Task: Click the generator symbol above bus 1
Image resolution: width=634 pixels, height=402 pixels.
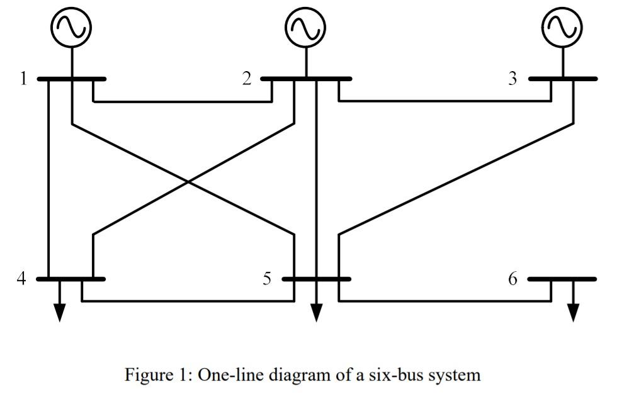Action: (72, 27)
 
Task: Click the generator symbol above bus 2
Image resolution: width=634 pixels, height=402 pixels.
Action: (306, 27)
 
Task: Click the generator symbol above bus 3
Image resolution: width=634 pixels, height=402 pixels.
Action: (563, 27)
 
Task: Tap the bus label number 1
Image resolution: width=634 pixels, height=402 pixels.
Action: (23, 79)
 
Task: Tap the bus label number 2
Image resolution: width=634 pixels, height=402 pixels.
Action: (247, 79)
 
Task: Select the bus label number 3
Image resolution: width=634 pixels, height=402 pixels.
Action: (513, 79)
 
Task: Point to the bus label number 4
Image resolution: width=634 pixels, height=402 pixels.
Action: (22, 278)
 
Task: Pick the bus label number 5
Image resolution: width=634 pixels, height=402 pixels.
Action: (268, 278)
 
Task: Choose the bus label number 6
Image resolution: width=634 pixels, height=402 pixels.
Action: (513, 278)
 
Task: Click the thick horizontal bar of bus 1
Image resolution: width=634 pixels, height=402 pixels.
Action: (71, 79)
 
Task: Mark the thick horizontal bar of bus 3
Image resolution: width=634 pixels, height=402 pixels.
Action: (563, 79)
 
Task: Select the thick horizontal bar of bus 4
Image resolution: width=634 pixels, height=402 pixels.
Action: (71, 278)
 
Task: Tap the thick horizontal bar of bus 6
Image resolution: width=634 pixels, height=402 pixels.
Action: (562, 278)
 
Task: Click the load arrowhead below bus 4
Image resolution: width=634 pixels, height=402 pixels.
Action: (59, 313)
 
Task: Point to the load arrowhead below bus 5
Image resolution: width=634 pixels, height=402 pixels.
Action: (316, 313)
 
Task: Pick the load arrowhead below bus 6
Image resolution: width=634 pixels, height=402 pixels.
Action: (573, 313)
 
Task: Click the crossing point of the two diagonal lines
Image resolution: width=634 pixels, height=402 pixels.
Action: (189, 182)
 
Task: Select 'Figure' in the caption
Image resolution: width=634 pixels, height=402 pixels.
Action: (147, 376)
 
